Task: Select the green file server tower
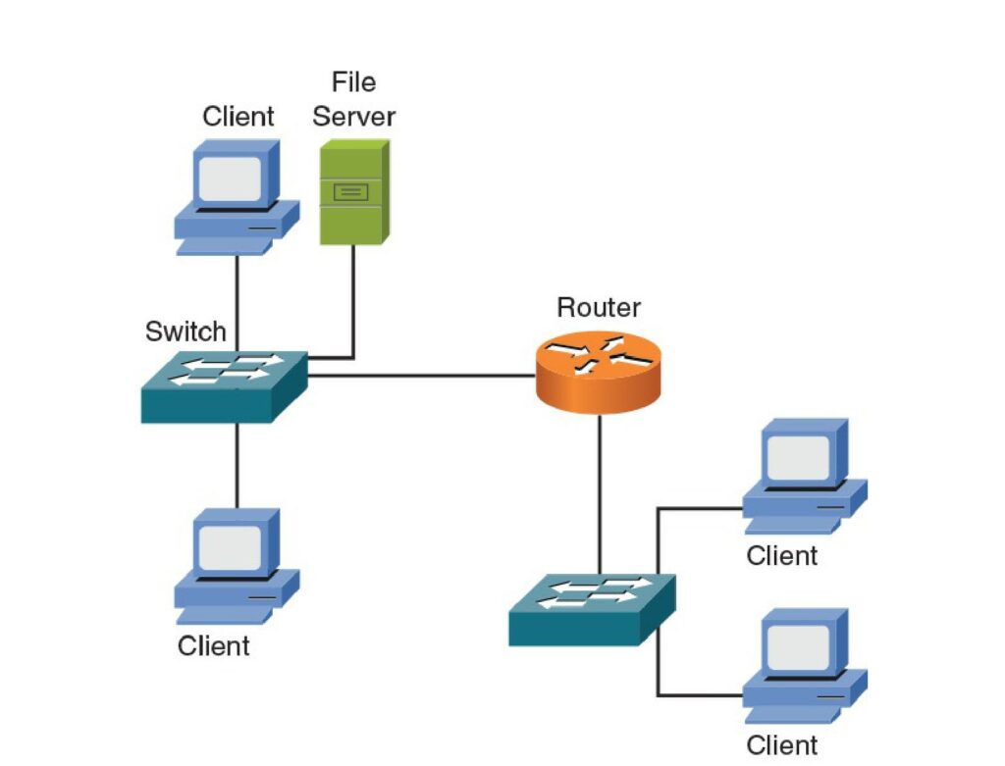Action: pos(354,191)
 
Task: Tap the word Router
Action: pos(599,307)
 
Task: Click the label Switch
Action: pos(185,332)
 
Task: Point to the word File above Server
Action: pos(353,81)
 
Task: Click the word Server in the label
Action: pos(353,117)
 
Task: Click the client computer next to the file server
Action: pos(237,196)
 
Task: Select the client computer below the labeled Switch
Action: pos(237,565)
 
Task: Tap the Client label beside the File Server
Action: pos(238,117)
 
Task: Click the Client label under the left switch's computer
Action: pos(214,646)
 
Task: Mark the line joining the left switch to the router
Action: pos(422,375)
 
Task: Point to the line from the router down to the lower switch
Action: pos(598,490)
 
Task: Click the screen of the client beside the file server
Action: pos(231,178)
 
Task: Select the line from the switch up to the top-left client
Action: pos(237,304)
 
